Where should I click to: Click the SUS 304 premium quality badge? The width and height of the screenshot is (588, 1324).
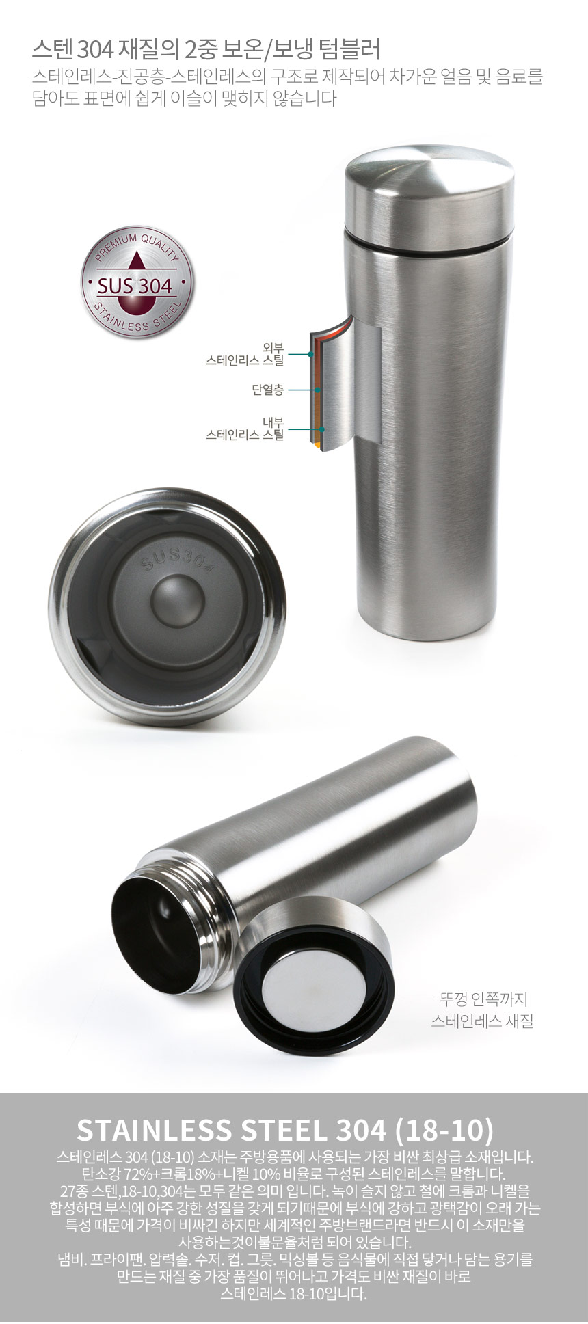(137, 282)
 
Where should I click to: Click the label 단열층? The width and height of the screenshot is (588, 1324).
(267, 390)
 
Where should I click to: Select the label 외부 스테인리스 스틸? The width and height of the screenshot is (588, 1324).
(245, 354)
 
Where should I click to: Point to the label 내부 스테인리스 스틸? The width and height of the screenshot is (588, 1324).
(245, 429)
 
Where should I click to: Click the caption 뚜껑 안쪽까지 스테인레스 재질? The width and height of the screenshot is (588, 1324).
(482, 1010)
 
